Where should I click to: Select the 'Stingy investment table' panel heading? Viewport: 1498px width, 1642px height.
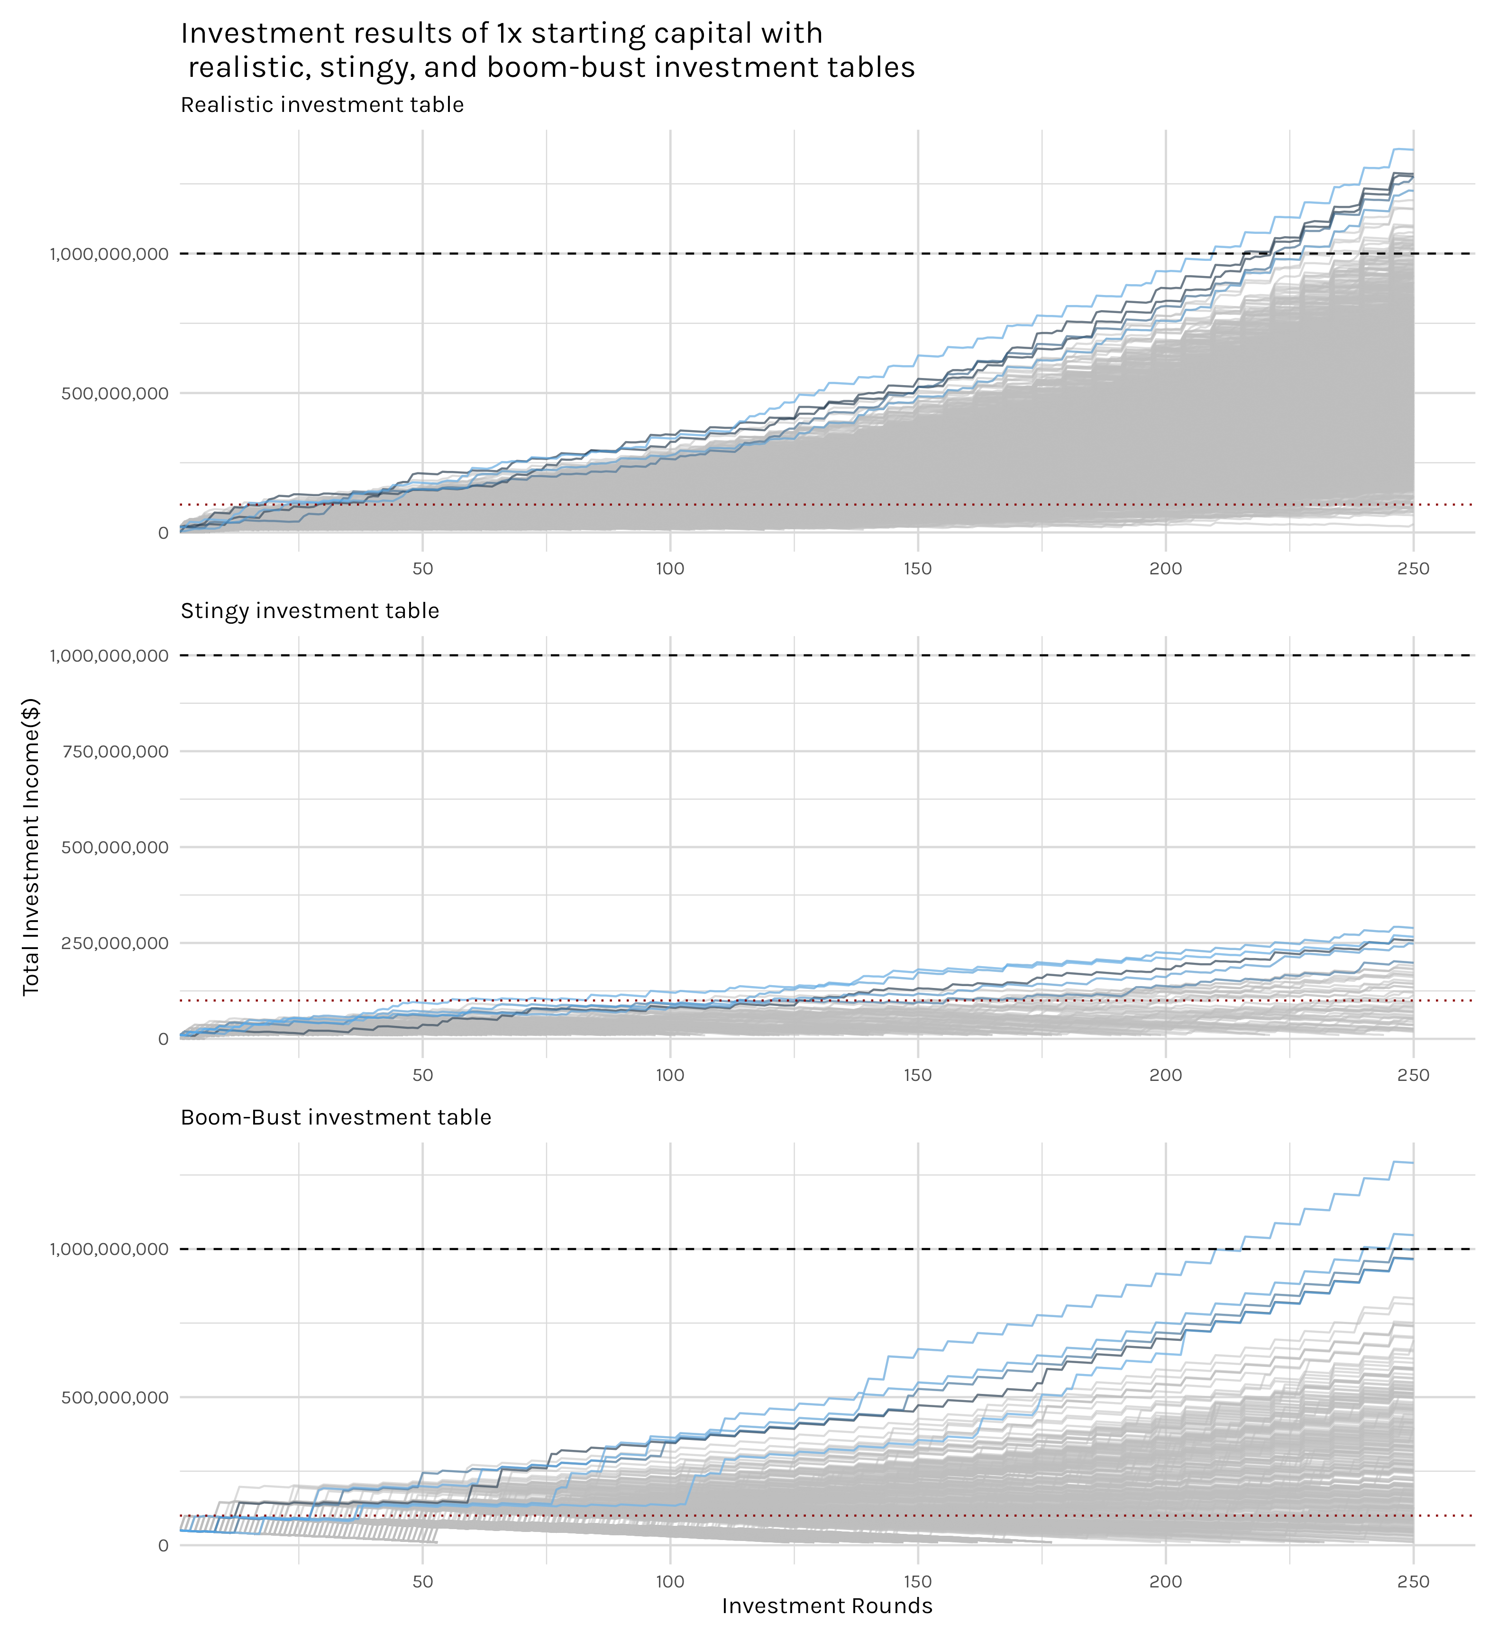(x=310, y=611)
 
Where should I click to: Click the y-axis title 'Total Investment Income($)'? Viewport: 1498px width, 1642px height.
(x=31, y=847)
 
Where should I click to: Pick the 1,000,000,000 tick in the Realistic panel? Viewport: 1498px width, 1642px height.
(x=109, y=254)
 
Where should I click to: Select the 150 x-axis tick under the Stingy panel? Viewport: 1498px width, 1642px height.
(x=918, y=1075)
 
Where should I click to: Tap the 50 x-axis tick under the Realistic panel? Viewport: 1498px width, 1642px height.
(x=422, y=569)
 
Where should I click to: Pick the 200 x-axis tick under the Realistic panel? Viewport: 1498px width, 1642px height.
(x=1165, y=569)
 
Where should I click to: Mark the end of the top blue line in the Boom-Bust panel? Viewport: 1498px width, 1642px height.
(x=1413, y=1163)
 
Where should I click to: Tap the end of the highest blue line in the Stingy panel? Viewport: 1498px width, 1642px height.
(x=1413, y=928)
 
